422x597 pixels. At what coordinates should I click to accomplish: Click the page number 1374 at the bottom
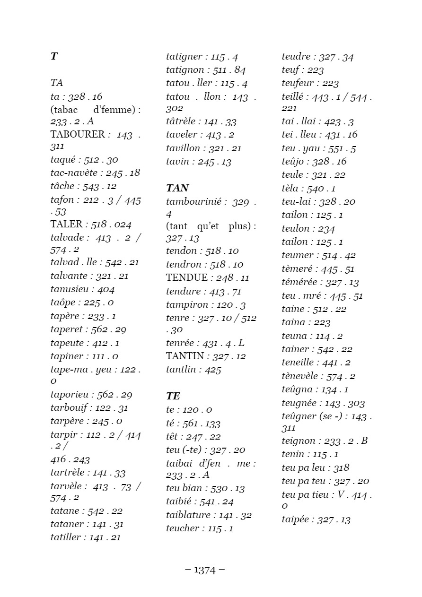point(205,570)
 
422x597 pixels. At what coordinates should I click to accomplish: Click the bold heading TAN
point(177,188)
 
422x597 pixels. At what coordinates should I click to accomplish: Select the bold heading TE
point(173,396)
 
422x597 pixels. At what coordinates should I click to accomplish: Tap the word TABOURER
point(78,134)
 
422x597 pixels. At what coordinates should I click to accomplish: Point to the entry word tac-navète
point(74,173)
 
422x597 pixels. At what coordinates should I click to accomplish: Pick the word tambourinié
point(193,202)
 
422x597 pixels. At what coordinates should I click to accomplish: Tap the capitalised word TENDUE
point(187,277)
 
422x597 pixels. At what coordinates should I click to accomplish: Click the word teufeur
point(298,83)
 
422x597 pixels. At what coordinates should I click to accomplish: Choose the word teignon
point(299,441)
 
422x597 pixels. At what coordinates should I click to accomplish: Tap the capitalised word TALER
point(66,224)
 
